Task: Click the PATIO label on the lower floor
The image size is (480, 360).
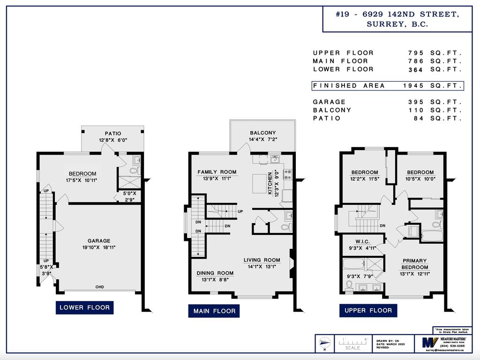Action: pos(112,133)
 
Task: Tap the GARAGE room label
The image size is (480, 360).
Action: pos(99,241)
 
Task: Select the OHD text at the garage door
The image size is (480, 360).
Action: pos(99,287)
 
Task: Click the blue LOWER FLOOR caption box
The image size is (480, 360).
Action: pos(84,307)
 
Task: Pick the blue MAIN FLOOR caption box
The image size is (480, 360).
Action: pos(214,311)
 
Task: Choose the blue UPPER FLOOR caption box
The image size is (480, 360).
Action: pos(368,310)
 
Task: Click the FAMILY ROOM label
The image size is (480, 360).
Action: pos(217,172)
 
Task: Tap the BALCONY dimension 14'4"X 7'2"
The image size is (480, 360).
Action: pos(262,140)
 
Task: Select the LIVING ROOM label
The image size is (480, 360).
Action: pos(262,260)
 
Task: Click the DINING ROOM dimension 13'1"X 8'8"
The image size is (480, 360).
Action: pos(215,280)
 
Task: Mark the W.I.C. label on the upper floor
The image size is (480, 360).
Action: pos(363,242)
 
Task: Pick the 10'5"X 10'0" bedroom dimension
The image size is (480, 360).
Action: pos(420,179)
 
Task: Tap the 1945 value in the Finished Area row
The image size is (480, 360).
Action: pos(413,86)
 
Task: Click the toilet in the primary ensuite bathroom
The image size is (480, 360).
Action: pos(349,286)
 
